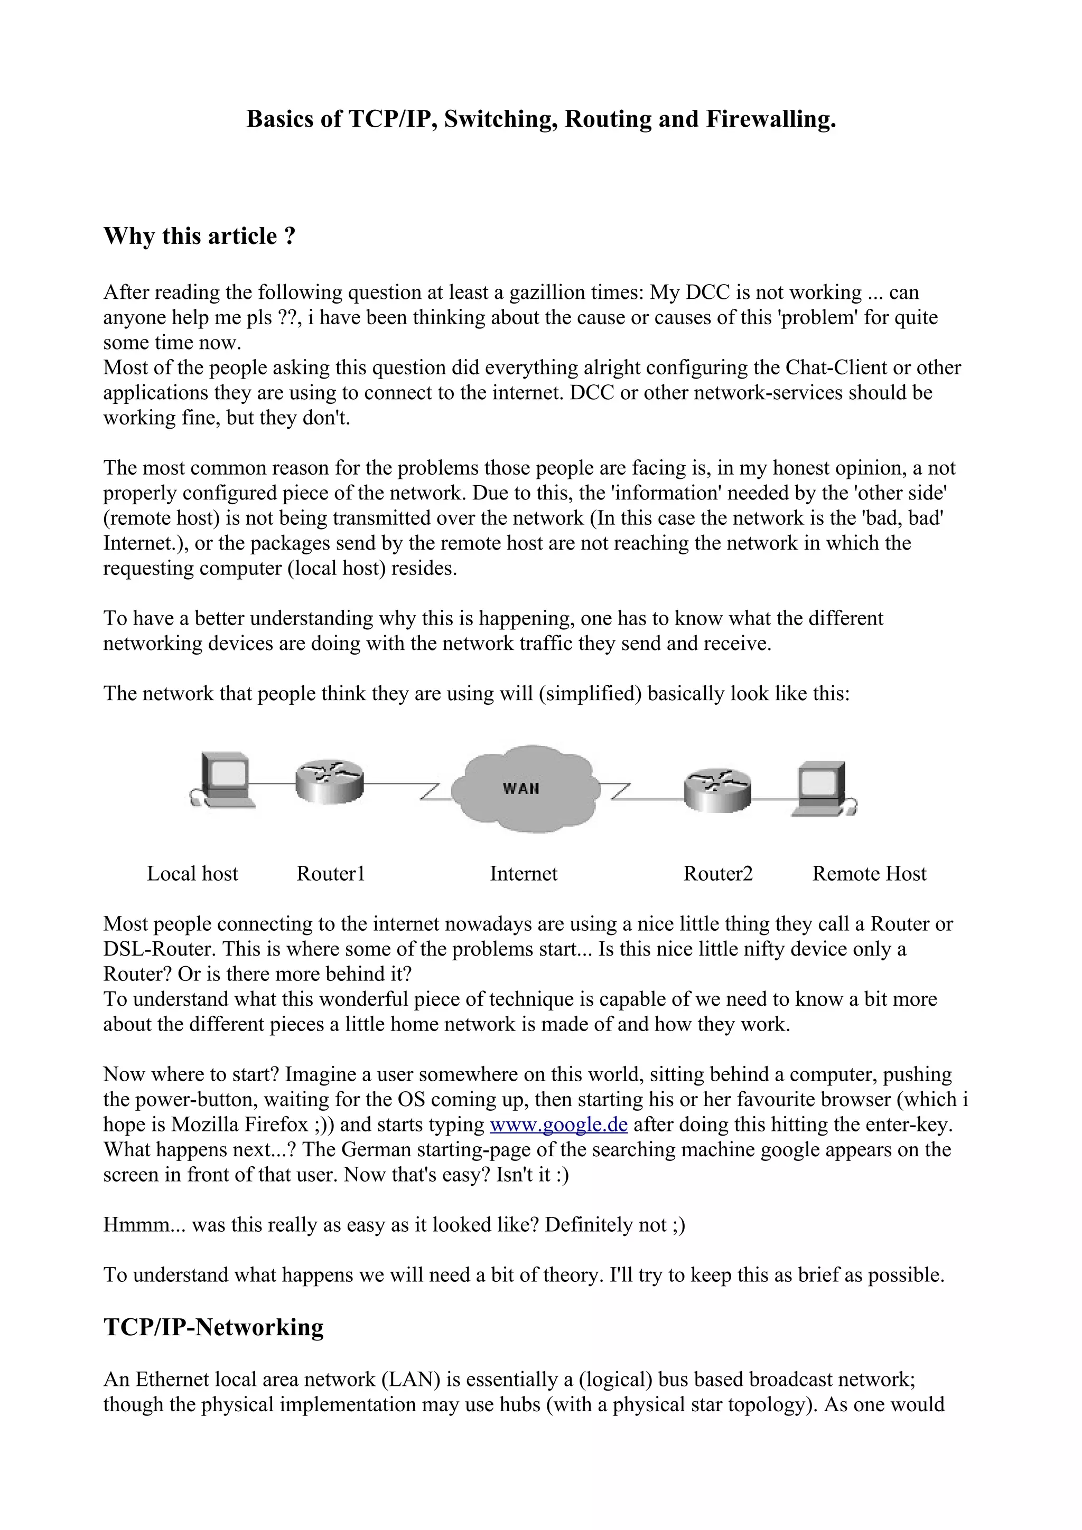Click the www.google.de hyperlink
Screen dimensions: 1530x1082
pos(558,1125)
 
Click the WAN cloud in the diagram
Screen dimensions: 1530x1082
pos(522,788)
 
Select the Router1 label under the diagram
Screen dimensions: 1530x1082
pos(331,874)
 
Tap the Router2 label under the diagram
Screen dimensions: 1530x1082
pos(718,874)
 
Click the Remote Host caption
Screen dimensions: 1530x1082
pos(869,874)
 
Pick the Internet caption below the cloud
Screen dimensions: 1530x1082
pos(524,874)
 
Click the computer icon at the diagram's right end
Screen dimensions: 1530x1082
pos(823,788)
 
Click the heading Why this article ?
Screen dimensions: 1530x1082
pos(199,236)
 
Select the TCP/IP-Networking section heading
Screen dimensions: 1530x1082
pos(214,1327)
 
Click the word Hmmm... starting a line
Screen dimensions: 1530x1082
pos(145,1225)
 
